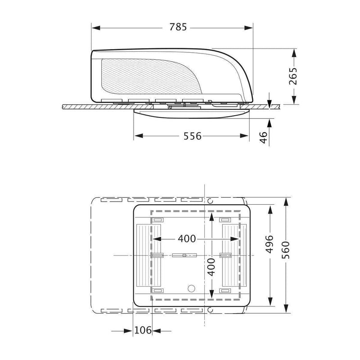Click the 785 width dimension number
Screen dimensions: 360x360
178,27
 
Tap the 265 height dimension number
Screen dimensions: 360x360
293,76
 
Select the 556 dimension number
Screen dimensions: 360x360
193,136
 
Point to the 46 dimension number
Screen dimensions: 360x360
263,137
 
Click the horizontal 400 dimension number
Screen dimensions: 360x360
187,239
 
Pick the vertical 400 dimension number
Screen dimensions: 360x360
211,267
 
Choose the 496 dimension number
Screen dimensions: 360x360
270,244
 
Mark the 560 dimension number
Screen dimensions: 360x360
286,250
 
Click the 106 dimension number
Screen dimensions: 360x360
143,330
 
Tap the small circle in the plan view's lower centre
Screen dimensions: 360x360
191,288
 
